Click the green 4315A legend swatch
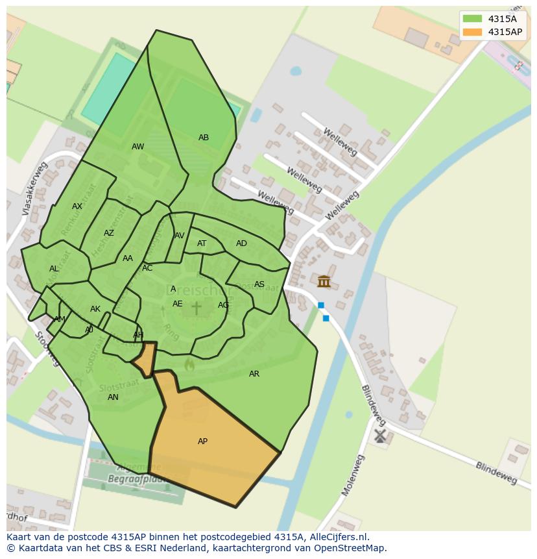coord(472,19)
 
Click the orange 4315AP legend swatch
coord(472,32)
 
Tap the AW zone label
coord(137,147)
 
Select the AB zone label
coord(204,138)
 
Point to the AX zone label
coord(77,206)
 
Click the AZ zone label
coord(109,233)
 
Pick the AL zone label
coord(54,269)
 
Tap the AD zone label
coord(241,243)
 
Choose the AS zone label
coord(259,284)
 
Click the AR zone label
coord(254,374)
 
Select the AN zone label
coord(113,397)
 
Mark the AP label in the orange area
coord(202,441)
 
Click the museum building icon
coord(324,281)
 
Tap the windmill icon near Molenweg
coord(380,435)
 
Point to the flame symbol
coord(189,365)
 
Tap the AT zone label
coord(202,243)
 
